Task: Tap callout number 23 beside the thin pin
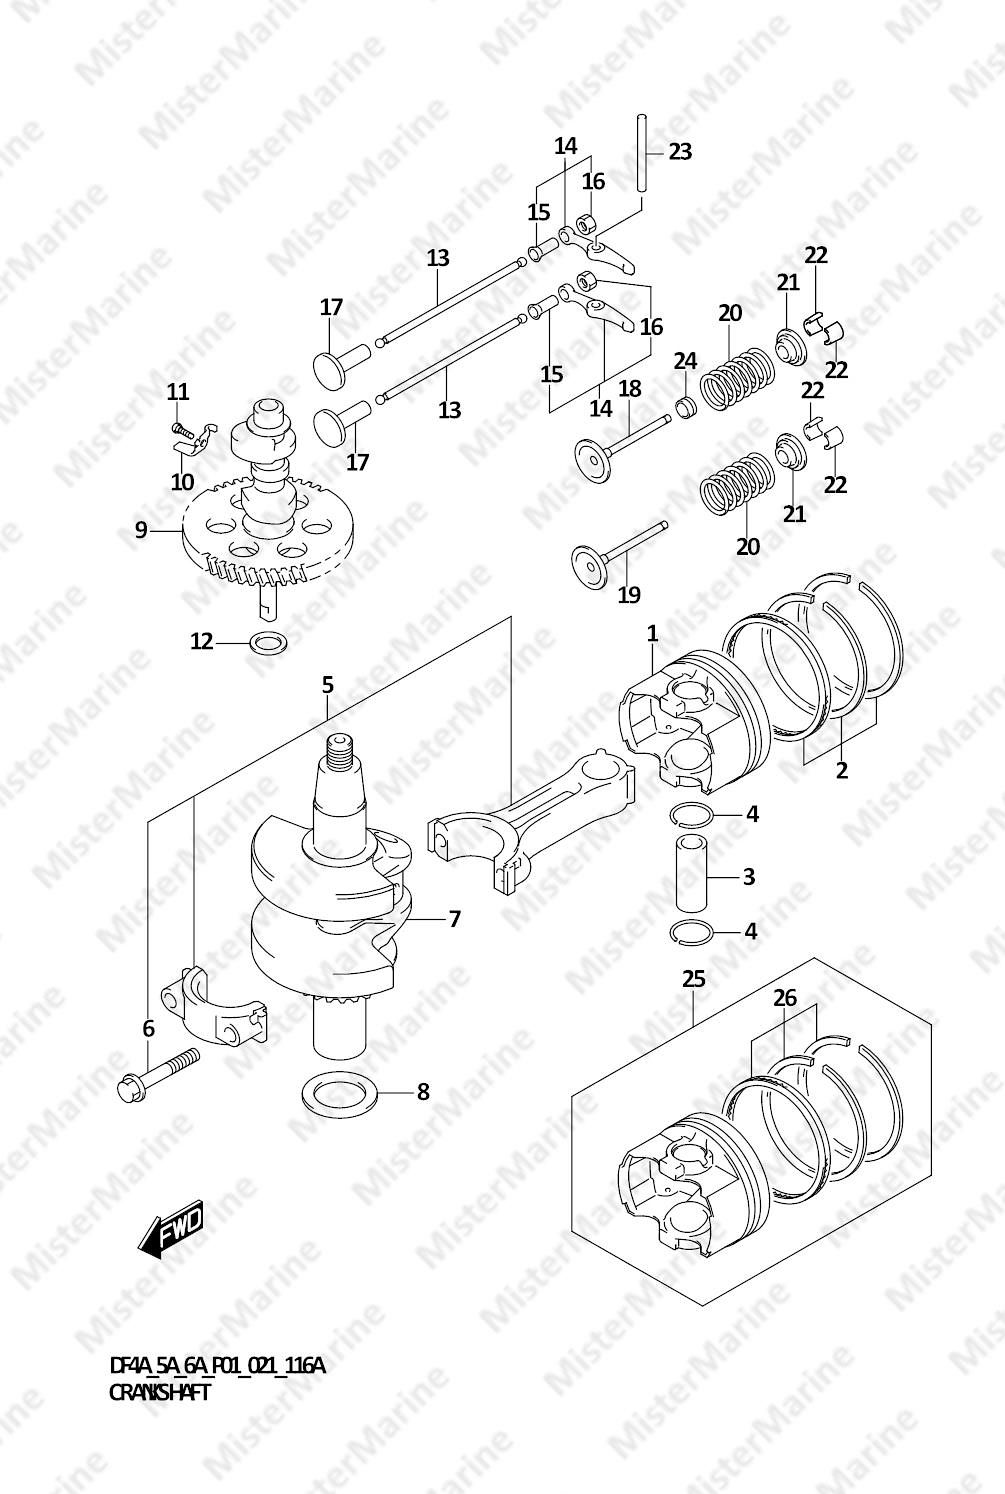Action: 680,152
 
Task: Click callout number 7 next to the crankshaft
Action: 454,919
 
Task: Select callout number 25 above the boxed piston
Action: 694,978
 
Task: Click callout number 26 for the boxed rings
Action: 785,998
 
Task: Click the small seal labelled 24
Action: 685,406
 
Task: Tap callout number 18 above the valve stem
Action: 630,388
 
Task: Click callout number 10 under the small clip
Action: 182,482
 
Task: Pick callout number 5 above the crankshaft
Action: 327,685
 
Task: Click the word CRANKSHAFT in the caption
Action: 159,1392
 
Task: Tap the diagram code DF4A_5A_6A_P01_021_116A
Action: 217,1366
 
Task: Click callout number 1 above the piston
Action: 652,633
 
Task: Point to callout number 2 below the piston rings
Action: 842,770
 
